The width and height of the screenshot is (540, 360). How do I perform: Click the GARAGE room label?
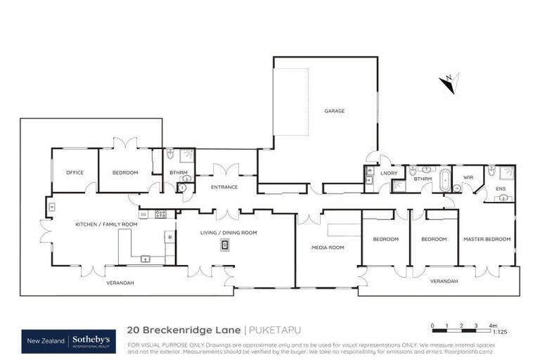click(x=334, y=111)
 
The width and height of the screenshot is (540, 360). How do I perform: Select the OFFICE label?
click(x=75, y=172)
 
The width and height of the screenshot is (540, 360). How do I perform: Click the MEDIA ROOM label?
click(x=328, y=247)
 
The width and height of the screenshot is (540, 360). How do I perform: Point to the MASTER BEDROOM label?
click(x=487, y=239)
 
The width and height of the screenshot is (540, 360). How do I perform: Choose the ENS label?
click(x=500, y=188)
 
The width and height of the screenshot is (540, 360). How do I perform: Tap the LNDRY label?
click(x=389, y=173)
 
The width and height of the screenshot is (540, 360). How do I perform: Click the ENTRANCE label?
click(x=224, y=187)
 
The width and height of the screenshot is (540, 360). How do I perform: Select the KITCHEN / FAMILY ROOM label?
click(x=107, y=224)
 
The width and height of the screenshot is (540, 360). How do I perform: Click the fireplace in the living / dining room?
click(x=225, y=245)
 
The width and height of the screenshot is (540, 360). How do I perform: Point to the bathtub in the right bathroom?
click(x=444, y=181)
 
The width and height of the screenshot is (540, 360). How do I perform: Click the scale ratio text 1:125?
click(x=500, y=332)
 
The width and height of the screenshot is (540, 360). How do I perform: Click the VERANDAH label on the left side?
click(x=120, y=283)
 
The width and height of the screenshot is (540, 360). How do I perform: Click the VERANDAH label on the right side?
click(x=444, y=281)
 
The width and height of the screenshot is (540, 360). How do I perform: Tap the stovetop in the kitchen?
click(x=160, y=214)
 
